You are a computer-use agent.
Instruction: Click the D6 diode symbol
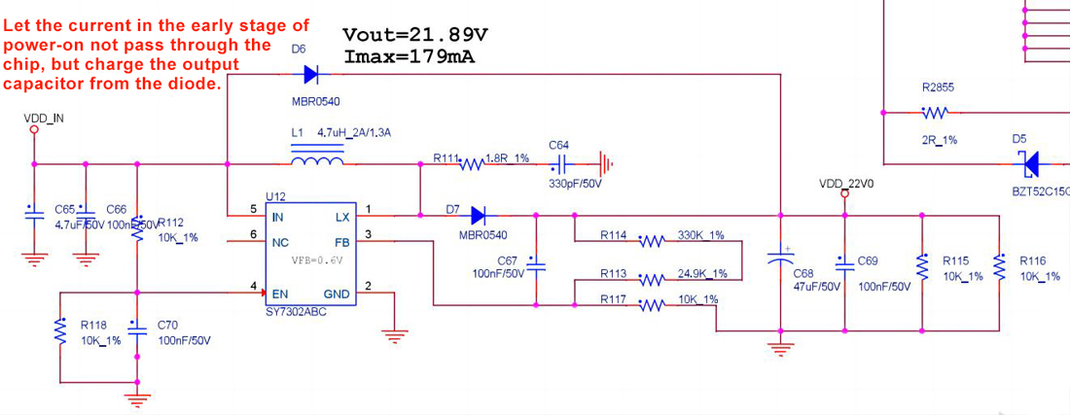click(311, 74)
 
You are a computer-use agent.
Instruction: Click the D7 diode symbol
click(478, 215)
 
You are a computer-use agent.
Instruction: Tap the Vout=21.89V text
click(415, 36)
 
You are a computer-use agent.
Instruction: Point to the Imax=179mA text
click(410, 56)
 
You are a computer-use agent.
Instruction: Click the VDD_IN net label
click(44, 119)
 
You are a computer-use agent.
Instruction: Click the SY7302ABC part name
click(296, 313)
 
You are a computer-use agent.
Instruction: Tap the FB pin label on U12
click(341, 241)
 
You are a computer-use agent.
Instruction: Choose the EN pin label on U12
click(279, 294)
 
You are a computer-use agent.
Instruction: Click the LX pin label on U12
click(341, 218)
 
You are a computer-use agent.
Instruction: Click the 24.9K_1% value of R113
click(702, 273)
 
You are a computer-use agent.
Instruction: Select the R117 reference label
click(613, 299)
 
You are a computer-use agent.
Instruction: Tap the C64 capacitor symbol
click(560, 163)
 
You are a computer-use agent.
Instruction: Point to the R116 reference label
click(1032, 260)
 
